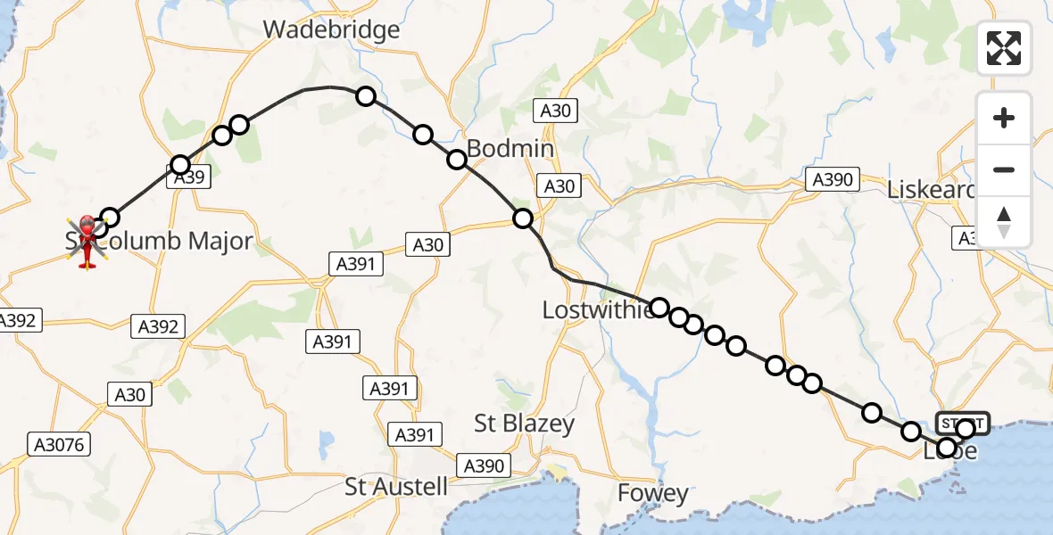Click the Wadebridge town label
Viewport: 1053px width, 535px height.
tap(331, 29)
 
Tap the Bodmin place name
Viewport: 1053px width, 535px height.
tap(510, 148)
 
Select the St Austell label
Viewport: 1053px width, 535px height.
tap(396, 486)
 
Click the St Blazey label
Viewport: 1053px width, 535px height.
tap(524, 424)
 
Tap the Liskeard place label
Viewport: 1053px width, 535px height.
tap(930, 190)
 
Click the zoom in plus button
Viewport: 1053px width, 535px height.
tap(1004, 118)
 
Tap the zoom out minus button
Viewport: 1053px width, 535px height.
tap(1004, 169)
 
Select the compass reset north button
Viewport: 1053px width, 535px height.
tap(1004, 222)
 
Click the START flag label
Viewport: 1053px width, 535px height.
tap(962, 422)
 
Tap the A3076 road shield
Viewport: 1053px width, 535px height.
tap(60, 443)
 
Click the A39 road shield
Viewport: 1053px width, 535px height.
tap(190, 177)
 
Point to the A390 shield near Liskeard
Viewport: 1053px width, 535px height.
tap(833, 179)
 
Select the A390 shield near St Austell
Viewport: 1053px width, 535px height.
tap(485, 465)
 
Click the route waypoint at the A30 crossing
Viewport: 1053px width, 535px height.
tap(523, 218)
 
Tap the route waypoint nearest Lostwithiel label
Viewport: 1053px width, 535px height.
tap(659, 308)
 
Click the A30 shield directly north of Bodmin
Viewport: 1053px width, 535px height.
tap(555, 111)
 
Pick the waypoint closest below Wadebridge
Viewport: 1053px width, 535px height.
tap(366, 96)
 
